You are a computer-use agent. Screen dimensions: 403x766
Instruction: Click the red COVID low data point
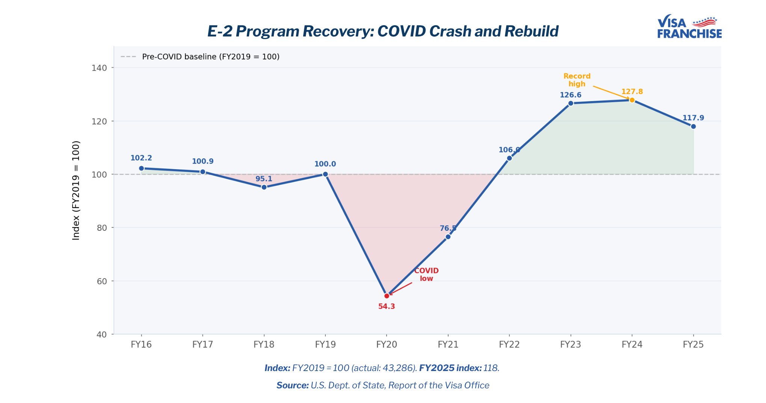pyautogui.click(x=387, y=296)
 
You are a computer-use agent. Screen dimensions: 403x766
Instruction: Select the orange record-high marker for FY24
pyautogui.click(x=632, y=100)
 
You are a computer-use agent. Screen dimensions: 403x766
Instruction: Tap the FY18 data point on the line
pyautogui.click(x=264, y=187)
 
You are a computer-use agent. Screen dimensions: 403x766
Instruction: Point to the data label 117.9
pyautogui.click(x=693, y=118)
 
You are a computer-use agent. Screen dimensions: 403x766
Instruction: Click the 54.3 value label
pyautogui.click(x=387, y=306)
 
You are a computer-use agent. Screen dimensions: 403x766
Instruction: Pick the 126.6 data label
pyautogui.click(x=570, y=95)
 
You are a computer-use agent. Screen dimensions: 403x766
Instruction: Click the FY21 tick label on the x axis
pyautogui.click(x=448, y=344)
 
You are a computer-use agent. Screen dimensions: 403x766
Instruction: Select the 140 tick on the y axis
pyautogui.click(x=99, y=68)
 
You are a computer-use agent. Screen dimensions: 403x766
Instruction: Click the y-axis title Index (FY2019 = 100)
pyautogui.click(x=76, y=190)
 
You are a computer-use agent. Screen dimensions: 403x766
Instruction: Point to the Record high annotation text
pyautogui.click(x=577, y=80)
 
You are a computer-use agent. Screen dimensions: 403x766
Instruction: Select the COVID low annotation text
pyautogui.click(x=426, y=274)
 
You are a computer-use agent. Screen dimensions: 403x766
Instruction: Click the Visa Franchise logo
pyautogui.click(x=689, y=27)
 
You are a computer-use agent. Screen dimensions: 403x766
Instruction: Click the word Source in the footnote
pyautogui.click(x=292, y=385)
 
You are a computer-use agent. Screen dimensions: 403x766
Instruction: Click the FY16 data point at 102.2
pyautogui.click(x=141, y=168)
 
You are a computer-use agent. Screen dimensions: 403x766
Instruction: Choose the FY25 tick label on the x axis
pyautogui.click(x=693, y=344)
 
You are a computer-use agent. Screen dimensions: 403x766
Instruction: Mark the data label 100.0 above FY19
pyautogui.click(x=325, y=164)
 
